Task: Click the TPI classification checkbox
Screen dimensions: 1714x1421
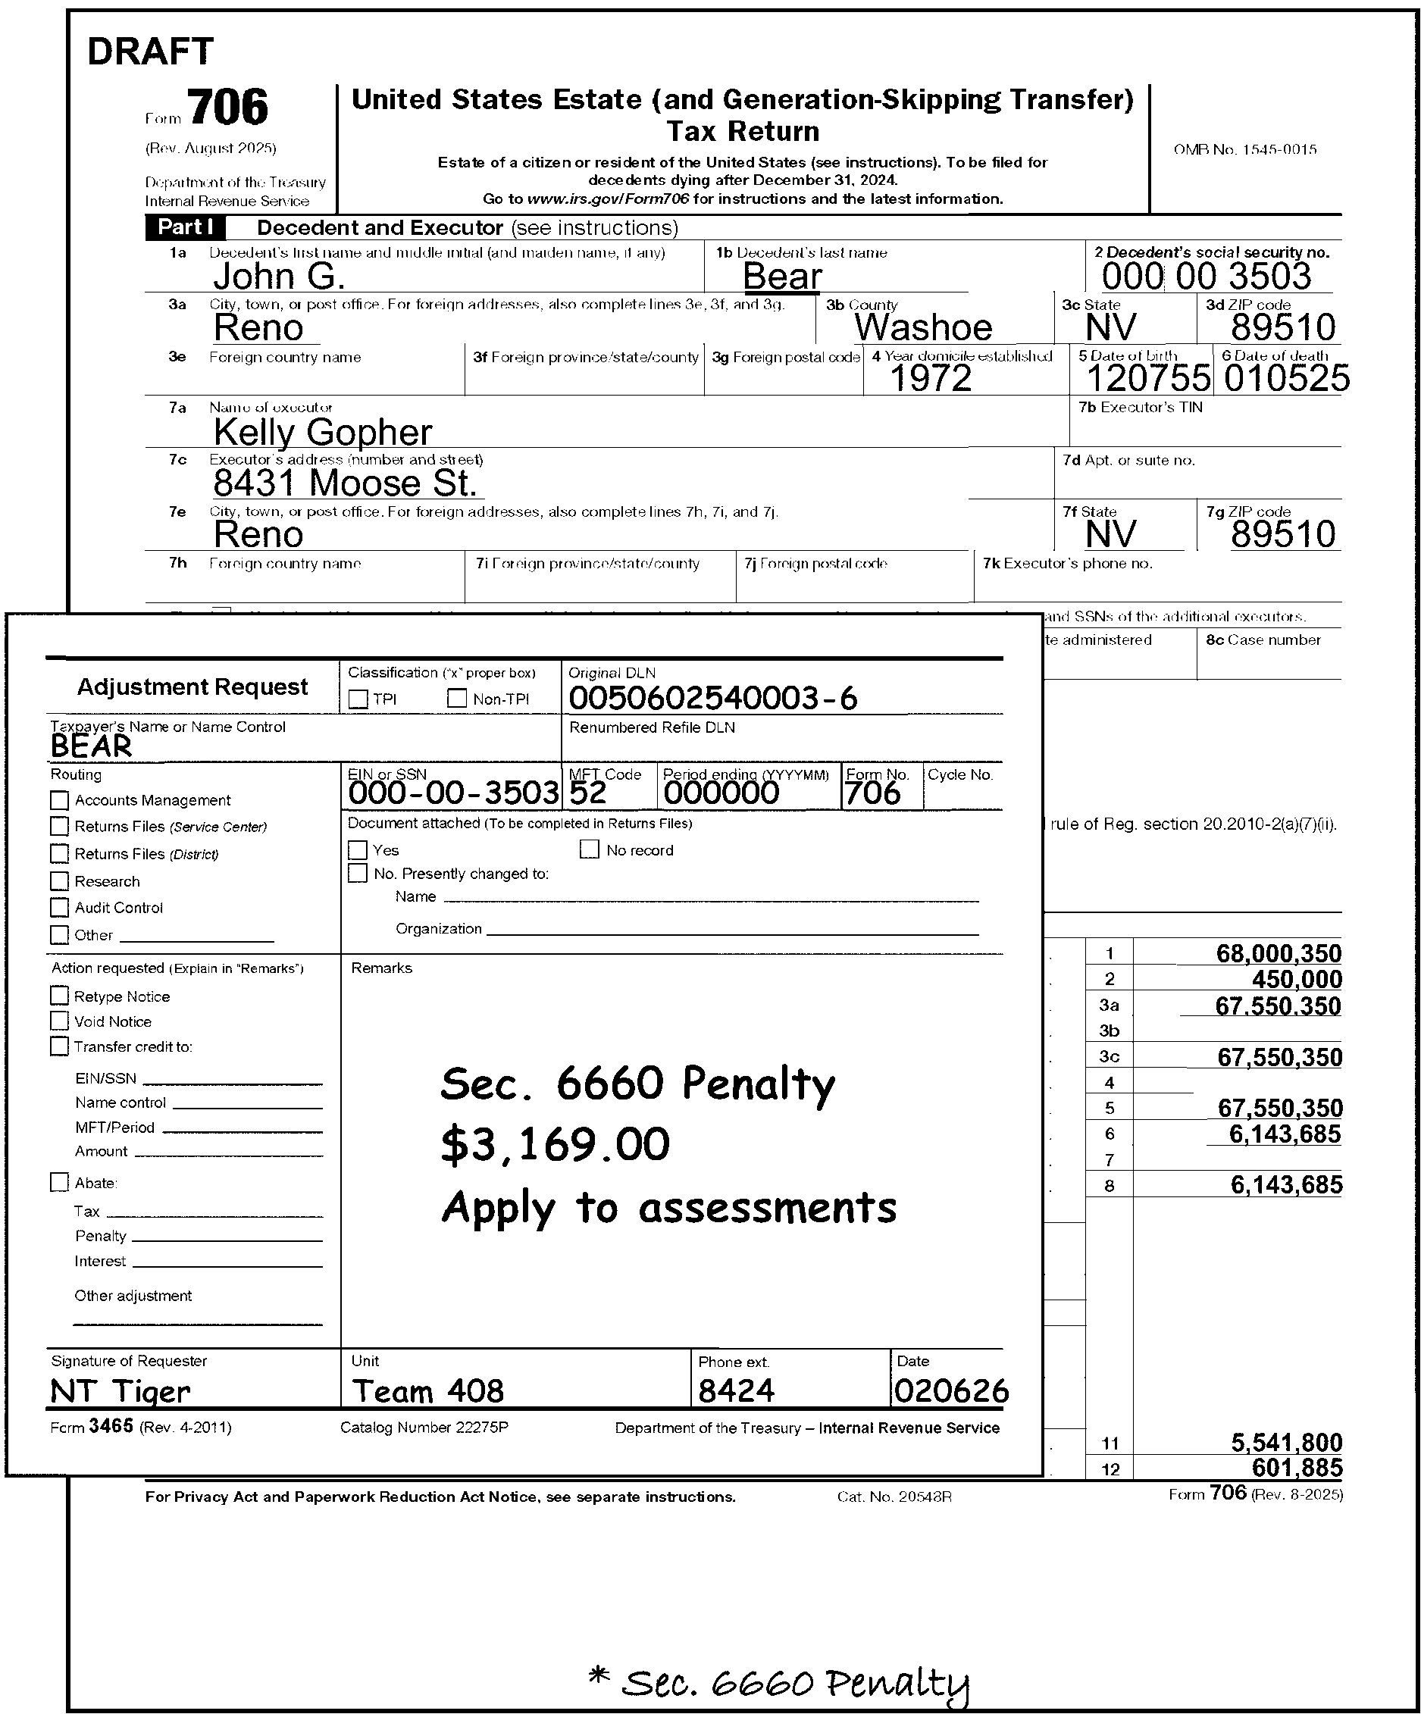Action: point(358,699)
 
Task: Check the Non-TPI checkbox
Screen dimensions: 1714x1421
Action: point(457,699)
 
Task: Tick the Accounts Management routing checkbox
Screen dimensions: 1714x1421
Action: point(60,800)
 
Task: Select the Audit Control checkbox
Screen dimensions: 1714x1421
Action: point(60,908)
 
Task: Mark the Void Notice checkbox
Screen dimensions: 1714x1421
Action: point(60,1021)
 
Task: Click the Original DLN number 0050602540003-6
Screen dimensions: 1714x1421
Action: point(712,699)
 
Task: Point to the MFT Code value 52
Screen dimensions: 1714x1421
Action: point(587,793)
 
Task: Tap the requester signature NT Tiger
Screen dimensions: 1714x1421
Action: point(120,1390)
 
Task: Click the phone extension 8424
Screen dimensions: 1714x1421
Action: point(736,1390)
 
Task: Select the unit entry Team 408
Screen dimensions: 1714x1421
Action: point(427,1390)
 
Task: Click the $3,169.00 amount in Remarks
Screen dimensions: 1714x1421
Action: point(555,1144)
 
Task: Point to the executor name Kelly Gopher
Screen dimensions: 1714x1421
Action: point(322,432)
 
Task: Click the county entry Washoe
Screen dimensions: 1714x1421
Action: point(923,327)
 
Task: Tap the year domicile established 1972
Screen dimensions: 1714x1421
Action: point(931,378)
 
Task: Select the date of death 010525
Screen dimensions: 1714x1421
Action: point(1286,378)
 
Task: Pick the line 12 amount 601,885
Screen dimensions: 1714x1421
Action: point(1297,1468)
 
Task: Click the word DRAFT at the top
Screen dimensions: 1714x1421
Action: point(150,52)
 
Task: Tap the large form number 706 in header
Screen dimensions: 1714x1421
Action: point(227,107)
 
